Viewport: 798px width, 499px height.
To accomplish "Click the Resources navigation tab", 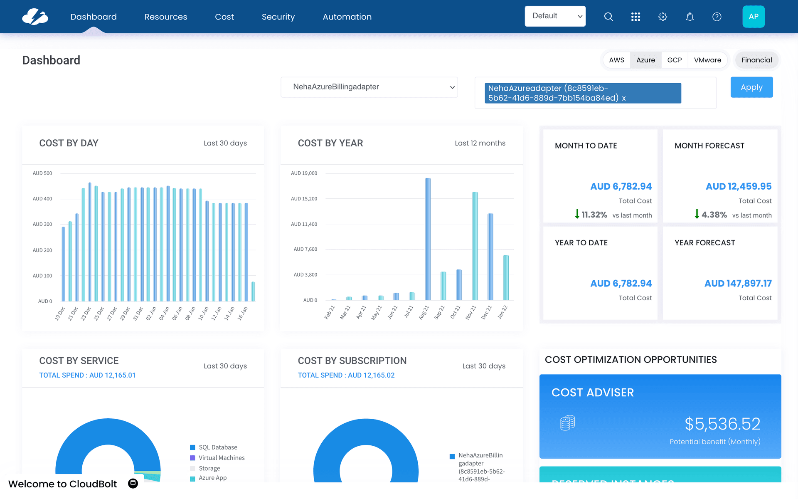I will tap(165, 17).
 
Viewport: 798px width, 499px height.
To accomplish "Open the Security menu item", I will tap(278, 17).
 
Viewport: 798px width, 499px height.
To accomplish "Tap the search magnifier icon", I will tap(608, 17).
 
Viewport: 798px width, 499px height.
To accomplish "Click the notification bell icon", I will tap(690, 17).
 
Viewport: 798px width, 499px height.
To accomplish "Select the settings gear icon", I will tap(663, 17).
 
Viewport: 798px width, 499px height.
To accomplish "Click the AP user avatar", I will tap(753, 17).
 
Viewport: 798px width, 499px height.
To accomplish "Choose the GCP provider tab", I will tap(674, 60).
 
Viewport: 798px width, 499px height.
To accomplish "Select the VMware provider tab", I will tap(707, 60).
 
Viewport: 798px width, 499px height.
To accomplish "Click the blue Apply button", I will tap(751, 87).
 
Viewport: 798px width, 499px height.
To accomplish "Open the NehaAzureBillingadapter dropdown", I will tap(369, 87).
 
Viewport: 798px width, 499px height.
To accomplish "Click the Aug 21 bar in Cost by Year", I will tap(428, 239).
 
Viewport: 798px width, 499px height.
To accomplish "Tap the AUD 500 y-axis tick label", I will tap(42, 173).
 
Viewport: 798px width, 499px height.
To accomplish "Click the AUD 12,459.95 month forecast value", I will tap(738, 186).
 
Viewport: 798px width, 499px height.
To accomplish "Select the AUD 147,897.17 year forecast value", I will tap(738, 283).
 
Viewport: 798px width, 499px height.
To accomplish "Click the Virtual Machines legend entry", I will tap(221, 458).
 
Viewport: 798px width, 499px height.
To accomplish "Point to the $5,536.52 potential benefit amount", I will tap(722, 424).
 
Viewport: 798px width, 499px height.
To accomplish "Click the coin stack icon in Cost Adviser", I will tap(567, 423).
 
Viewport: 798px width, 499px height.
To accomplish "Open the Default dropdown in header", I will tap(555, 16).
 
